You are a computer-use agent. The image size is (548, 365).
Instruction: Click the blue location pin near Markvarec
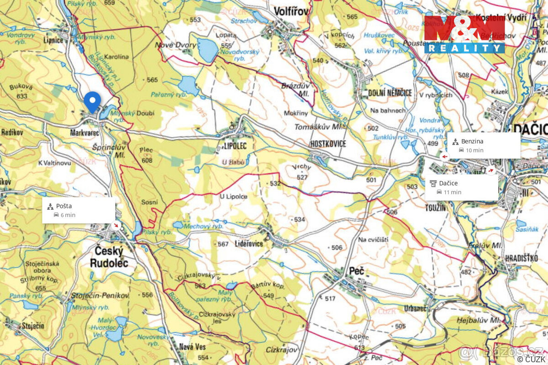coord(92,101)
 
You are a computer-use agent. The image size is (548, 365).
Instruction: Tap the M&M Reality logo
coord(464,35)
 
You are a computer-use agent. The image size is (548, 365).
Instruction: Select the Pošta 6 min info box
coord(79,210)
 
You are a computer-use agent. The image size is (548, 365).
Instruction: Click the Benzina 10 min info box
coord(484,146)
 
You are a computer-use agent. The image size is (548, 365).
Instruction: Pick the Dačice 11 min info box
coord(462,187)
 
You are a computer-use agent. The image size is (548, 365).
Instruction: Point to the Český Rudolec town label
coord(109,257)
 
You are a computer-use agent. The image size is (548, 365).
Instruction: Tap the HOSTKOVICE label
coord(328,144)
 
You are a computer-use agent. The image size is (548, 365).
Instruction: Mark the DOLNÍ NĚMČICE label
coord(390,93)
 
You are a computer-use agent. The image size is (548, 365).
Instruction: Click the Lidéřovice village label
coord(249,244)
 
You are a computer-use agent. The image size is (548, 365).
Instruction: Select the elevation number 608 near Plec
coord(147,161)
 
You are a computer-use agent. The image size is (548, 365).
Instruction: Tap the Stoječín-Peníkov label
coord(100,296)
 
